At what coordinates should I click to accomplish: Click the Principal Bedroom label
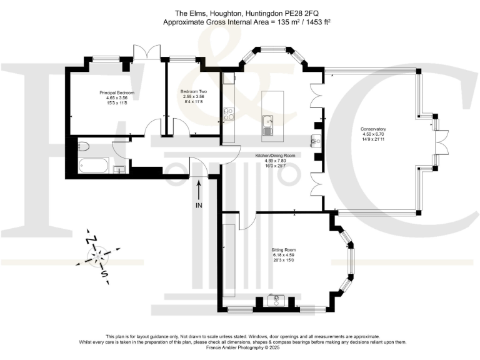point(117,92)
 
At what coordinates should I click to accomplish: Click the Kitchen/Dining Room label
point(274,155)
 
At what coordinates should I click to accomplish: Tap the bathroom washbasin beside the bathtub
point(119,168)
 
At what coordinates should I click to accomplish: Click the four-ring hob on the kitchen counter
point(228,114)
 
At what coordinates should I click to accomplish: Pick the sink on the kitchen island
point(267,124)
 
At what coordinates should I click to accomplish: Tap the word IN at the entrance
point(199,205)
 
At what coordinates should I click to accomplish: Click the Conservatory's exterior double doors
point(441,134)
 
